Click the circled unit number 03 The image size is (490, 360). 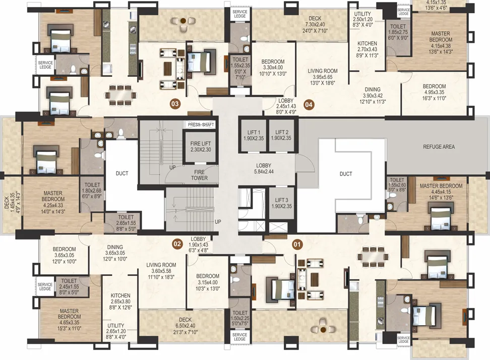pyautogui.click(x=175, y=104)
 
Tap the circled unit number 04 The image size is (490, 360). pyautogui.click(x=309, y=104)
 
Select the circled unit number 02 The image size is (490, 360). pyautogui.click(x=177, y=244)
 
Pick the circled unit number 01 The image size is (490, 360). pyautogui.click(x=297, y=244)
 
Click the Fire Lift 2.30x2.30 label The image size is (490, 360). pyautogui.click(x=201, y=147)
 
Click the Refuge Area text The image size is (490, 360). pyautogui.click(x=439, y=147)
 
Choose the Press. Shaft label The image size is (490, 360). pyautogui.click(x=201, y=125)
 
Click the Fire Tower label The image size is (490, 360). pyautogui.click(x=199, y=175)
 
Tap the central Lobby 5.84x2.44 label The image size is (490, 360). pyautogui.click(x=264, y=168)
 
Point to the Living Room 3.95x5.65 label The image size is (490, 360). pyautogui.click(x=323, y=77)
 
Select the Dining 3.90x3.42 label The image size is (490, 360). pyautogui.click(x=373, y=95)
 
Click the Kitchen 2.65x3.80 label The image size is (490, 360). pyautogui.click(x=120, y=301)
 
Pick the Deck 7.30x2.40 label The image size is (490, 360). pyautogui.click(x=315, y=24)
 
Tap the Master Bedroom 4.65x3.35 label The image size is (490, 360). pyautogui.click(x=69, y=320)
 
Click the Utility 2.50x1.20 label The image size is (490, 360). pyautogui.click(x=362, y=19)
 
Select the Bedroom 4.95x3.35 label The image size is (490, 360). pyautogui.click(x=435, y=92)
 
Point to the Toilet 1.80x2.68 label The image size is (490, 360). pyautogui.click(x=92, y=191)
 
